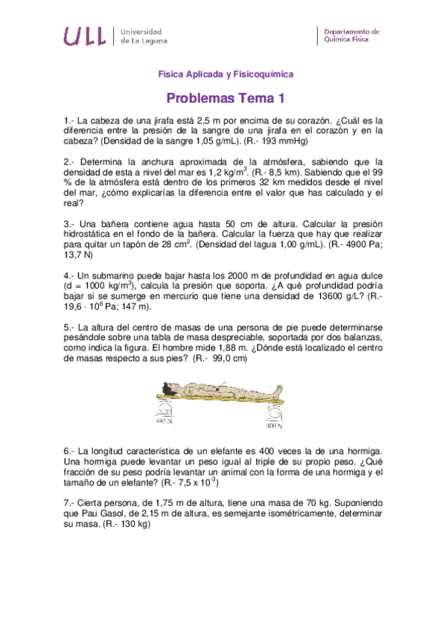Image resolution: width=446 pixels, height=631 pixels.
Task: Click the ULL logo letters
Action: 84,36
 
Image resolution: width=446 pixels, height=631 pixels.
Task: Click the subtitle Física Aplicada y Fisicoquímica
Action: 226,74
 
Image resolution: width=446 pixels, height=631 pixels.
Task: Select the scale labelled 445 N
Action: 165,410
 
